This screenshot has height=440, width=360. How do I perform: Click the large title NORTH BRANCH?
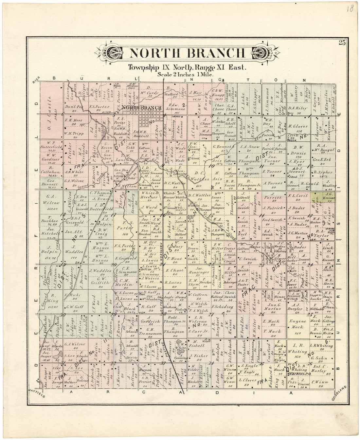tap(187, 53)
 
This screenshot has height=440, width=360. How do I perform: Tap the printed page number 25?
tap(342, 42)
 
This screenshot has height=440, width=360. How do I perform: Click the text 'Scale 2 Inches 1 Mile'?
tap(185, 74)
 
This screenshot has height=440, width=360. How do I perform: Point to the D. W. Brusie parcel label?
tap(298, 150)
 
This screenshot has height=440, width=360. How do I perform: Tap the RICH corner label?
tap(36, 82)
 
